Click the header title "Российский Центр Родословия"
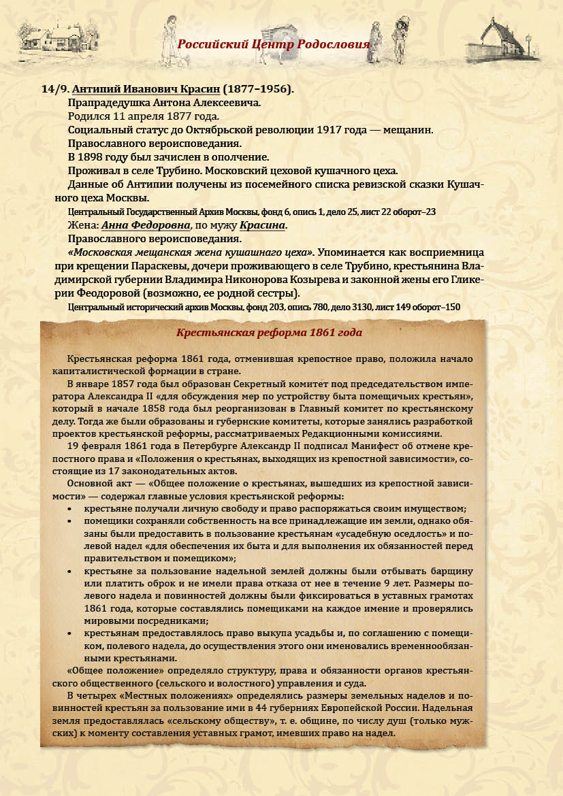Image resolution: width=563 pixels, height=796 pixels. point(274,44)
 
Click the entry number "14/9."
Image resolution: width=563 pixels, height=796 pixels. point(55,89)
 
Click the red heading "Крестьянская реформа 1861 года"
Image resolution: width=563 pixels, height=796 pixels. point(270,333)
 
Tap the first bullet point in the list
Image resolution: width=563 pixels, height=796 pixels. point(71,510)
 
